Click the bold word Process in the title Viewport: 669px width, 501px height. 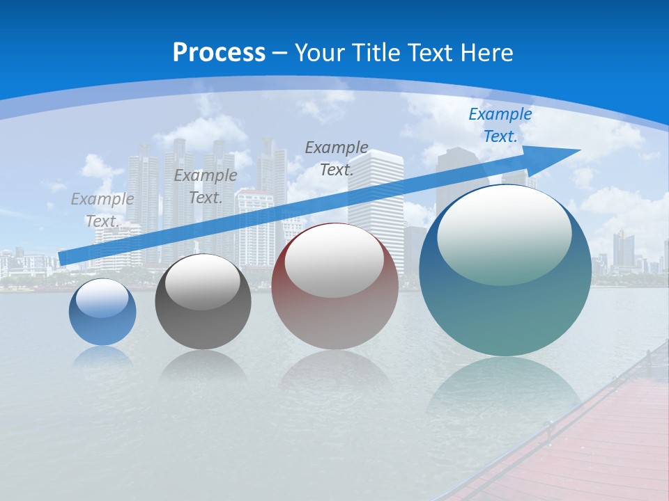pos(219,52)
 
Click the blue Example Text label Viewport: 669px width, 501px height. pos(500,125)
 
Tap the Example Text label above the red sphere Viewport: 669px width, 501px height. pos(337,158)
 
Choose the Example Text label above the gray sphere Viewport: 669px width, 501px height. pos(206,186)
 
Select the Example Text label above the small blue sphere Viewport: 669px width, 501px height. pos(102,209)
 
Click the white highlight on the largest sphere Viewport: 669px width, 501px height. pos(504,233)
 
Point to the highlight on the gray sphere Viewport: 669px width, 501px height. pos(202,282)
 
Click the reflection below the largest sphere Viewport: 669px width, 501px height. pos(504,386)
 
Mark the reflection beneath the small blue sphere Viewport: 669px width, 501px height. pos(102,357)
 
